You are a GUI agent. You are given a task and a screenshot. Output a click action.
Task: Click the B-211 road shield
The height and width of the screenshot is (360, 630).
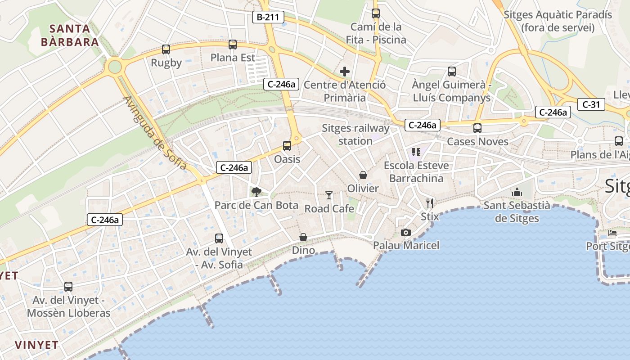pos(268,18)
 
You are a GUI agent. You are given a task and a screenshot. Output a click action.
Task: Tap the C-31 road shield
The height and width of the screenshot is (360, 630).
pos(591,104)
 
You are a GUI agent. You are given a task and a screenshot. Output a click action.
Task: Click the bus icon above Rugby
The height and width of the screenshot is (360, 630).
pos(166,49)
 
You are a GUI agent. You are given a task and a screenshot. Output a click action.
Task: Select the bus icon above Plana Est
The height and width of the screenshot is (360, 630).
pos(233,45)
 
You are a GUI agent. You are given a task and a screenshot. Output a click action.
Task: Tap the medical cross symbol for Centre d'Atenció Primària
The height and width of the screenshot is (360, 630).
pos(345,72)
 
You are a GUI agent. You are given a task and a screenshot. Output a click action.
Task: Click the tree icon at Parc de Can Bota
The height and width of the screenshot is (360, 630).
pos(256,192)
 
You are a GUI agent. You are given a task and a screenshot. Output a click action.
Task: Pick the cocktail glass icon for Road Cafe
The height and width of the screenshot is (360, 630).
pos(329,195)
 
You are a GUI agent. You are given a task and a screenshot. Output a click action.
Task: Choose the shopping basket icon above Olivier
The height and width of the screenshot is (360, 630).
pos(363,175)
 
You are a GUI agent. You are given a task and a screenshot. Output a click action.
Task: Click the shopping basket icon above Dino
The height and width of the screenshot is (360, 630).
pos(304,237)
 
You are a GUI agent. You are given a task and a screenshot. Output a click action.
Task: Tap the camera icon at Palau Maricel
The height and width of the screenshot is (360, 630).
pos(406,232)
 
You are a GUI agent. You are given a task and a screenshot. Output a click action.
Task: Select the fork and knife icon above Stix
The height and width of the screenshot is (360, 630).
pos(430,203)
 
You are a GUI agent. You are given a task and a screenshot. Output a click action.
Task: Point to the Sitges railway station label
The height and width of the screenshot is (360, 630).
pos(355,135)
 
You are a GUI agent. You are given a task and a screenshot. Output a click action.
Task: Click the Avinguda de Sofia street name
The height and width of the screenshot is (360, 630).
pos(154,133)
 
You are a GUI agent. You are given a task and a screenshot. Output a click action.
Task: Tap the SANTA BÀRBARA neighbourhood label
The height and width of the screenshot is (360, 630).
pos(70,36)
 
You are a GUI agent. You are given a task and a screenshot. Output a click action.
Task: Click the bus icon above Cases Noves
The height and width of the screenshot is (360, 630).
pos(477,128)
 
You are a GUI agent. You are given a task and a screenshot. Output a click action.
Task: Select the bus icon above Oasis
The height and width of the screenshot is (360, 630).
pos(287,146)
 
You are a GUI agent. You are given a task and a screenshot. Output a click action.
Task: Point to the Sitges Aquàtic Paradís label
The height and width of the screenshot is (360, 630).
pos(558,21)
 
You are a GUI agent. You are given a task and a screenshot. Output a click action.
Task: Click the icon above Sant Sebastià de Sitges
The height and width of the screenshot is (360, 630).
pos(517,192)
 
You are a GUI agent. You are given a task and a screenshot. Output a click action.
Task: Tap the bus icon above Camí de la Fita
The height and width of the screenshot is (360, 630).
pos(376,13)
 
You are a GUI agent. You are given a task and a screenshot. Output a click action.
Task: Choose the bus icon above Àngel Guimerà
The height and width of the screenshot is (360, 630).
pos(452,71)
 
